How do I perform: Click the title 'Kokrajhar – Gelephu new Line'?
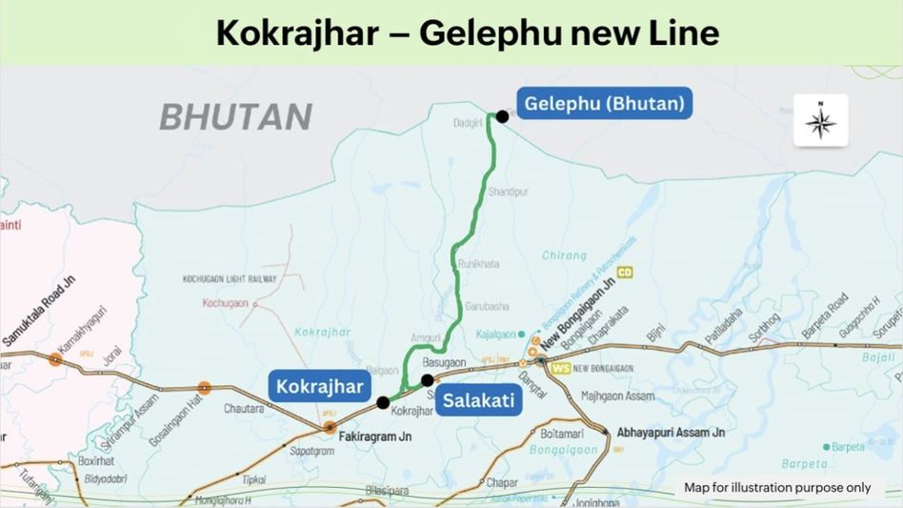(467, 32)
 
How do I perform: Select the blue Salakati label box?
(477, 400)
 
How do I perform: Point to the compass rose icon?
(820, 121)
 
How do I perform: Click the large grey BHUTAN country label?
(235, 116)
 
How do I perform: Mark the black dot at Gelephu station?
(502, 116)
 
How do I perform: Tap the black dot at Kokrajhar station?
(383, 402)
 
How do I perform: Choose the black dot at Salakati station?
(428, 379)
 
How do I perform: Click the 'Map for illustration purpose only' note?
(777, 487)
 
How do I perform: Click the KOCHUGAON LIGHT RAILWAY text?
(229, 279)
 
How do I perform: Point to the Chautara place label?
(243, 408)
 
